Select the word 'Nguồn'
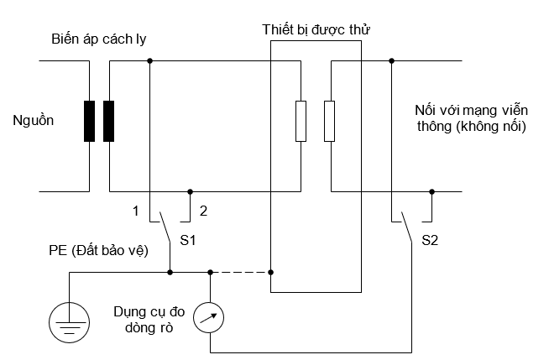click(34, 121)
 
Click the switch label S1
click(188, 241)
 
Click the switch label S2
click(430, 241)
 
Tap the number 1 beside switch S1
click(134, 211)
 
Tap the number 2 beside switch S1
click(203, 211)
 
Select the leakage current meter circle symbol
click(208, 316)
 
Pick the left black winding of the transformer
click(89, 122)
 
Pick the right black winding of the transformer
click(108, 122)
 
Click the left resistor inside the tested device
click(301, 122)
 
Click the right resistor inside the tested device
click(330, 122)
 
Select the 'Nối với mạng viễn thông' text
click(469, 119)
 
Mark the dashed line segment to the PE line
click(240, 272)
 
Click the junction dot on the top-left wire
click(149, 60)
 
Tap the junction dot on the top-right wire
click(391, 60)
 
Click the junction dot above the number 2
click(190, 191)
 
